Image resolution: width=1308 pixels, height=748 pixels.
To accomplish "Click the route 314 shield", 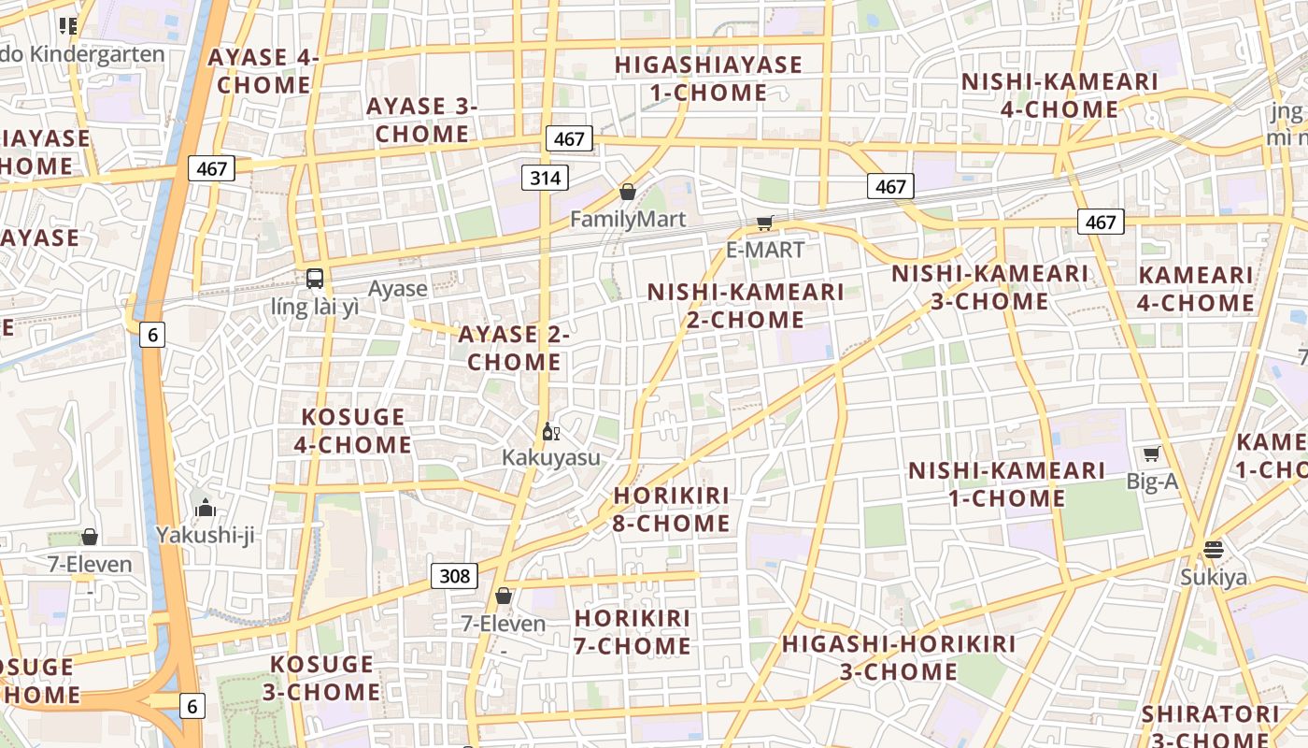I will [x=545, y=178].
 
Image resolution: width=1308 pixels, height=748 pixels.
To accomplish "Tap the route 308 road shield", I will [x=455, y=575].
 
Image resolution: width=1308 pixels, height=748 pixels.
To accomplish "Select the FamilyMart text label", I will [x=628, y=220].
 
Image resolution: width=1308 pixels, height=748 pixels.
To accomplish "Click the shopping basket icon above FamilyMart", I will [x=628, y=192].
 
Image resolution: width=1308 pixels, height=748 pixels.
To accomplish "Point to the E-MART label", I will [x=765, y=250].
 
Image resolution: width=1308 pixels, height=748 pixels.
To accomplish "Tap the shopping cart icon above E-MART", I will [x=765, y=223].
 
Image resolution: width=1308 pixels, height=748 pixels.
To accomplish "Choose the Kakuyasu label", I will [x=551, y=457].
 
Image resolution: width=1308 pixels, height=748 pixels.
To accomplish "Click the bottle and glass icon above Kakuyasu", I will [x=550, y=431].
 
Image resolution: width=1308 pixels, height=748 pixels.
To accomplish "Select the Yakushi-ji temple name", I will [x=206, y=535].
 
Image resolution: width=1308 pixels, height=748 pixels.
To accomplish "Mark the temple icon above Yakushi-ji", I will [x=206, y=509].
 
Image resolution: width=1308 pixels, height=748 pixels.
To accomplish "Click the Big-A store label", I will [x=1152, y=482].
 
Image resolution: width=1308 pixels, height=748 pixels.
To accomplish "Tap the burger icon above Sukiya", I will [x=1213, y=549].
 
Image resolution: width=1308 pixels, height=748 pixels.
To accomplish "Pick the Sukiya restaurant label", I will [x=1213, y=577].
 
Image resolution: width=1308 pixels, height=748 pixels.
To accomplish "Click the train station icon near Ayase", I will [x=315, y=278].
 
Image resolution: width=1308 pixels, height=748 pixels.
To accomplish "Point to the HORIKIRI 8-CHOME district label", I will [x=672, y=510].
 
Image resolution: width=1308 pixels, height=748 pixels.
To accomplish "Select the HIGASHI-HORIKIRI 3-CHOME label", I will [x=899, y=657].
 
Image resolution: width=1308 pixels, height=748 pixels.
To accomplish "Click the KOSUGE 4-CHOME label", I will [x=352, y=430].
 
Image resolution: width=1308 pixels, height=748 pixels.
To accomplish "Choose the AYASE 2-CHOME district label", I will [x=514, y=348].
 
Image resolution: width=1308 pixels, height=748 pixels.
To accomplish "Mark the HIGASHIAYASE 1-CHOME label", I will [x=708, y=79].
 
